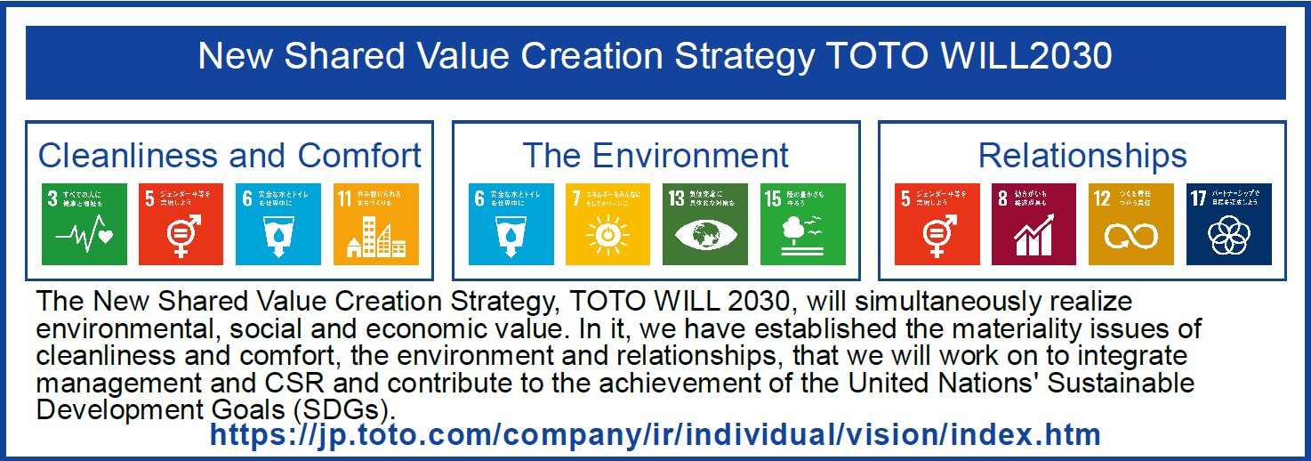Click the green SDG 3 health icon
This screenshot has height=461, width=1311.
84,224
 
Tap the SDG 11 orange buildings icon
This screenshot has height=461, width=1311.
374,224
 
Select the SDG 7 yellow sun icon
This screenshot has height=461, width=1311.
608,224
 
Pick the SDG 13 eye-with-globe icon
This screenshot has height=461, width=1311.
705,224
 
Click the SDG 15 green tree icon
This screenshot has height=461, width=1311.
802,224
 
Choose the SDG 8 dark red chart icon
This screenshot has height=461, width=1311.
1034,224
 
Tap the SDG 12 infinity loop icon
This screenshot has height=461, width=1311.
1131,224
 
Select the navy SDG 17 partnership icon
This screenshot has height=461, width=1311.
1229,224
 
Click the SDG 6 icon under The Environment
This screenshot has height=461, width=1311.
511,224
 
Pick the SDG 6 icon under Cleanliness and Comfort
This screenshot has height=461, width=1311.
278,224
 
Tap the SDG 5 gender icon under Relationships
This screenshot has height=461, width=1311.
937,224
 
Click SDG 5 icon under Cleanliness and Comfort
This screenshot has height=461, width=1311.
181,224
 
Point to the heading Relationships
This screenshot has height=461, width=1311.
1082,156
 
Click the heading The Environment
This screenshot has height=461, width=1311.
655,156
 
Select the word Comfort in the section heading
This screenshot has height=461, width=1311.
359,156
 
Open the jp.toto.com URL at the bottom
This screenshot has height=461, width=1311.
655,435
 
